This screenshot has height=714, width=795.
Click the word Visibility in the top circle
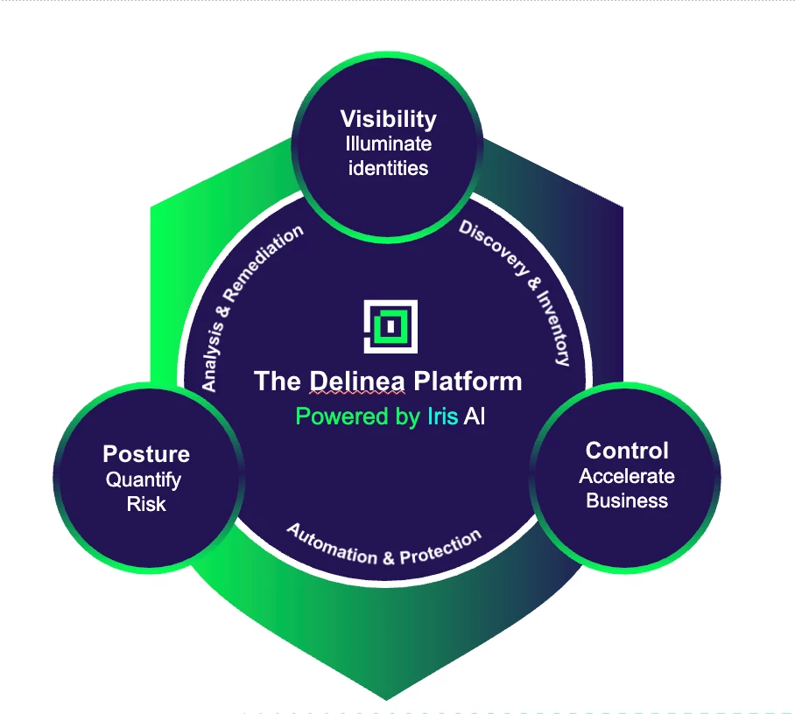(388, 118)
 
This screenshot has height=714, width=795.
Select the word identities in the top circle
(388, 167)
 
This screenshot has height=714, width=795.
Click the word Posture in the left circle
(146, 454)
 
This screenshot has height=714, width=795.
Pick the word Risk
(146, 504)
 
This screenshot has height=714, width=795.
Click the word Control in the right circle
(627, 451)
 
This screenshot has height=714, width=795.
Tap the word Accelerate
(627, 476)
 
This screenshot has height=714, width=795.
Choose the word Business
(627, 500)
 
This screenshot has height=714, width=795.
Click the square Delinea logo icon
(390, 326)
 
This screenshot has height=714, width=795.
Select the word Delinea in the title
(358, 381)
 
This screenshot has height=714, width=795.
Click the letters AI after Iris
(475, 416)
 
